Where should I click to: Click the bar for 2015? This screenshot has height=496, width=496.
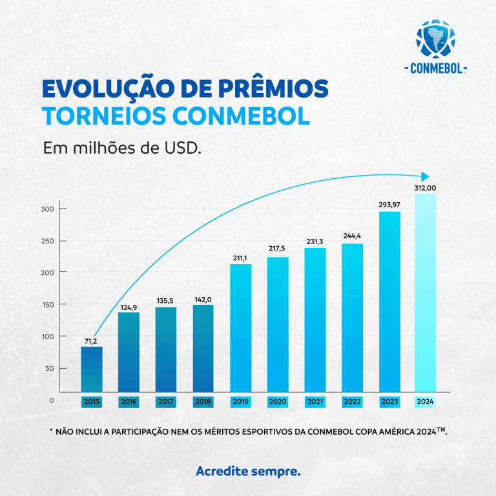(92, 369)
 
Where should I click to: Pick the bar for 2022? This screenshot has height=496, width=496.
(352, 318)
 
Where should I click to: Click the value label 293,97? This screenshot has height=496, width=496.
(389, 205)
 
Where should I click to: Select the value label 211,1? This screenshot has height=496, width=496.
(240, 258)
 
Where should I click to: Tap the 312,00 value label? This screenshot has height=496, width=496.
(426, 187)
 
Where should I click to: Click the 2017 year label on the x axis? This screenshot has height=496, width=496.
(166, 401)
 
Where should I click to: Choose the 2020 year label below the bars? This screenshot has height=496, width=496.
(278, 401)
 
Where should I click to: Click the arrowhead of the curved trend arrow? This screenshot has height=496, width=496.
(424, 176)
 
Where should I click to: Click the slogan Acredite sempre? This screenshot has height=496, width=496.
(248, 471)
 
